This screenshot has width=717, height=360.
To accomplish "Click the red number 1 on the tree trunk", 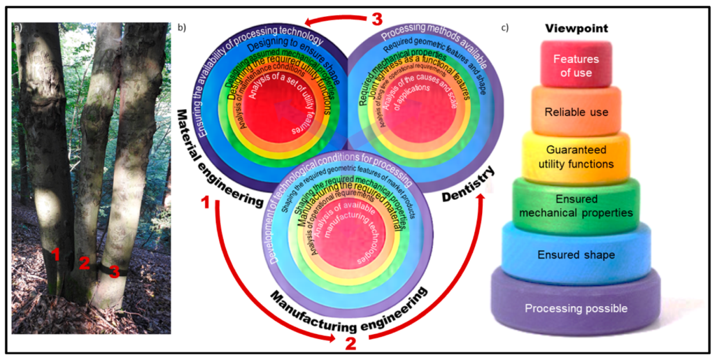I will tap(56, 254).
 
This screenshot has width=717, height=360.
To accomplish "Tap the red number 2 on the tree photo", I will tap(84, 263).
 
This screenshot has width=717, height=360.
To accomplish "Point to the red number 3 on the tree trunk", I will tap(114, 271).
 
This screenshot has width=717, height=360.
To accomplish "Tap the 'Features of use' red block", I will tap(576, 66).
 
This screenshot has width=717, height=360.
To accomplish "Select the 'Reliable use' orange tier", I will tap(575, 111).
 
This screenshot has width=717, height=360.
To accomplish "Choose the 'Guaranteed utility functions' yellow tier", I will tap(575, 157).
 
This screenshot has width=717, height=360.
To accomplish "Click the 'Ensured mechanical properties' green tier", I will tap(576, 206).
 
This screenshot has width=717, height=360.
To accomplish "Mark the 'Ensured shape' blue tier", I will tap(576, 254).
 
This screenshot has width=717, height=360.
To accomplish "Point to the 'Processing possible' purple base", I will tap(576, 308).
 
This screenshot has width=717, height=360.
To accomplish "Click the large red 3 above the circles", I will tap(377, 19).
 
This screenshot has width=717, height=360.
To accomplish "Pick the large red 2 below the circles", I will tap(350, 342).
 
